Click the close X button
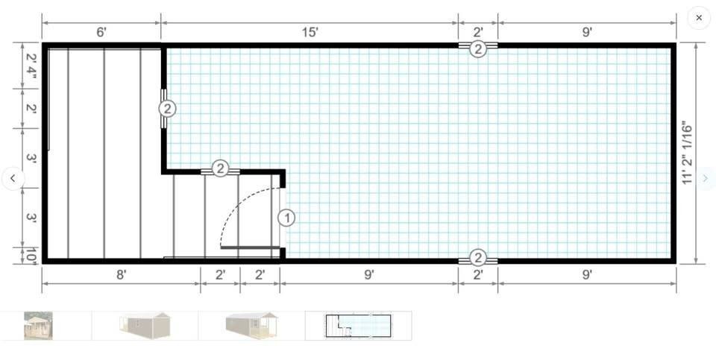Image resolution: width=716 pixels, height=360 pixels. pyautogui.click(x=699, y=18)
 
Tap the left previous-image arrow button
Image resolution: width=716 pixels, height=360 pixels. pyautogui.click(x=13, y=178)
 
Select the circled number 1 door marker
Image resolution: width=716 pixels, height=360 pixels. pyautogui.click(x=286, y=218)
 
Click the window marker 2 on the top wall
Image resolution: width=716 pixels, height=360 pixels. pyautogui.click(x=477, y=49)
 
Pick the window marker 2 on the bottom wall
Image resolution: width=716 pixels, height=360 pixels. pyautogui.click(x=477, y=258)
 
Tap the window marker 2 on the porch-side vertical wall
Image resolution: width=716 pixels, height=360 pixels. pyautogui.click(x=167, y=109)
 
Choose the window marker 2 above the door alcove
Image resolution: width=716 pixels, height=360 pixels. pyautogui.click(x=220, y=168)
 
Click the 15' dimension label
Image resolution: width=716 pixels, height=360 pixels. pyautogui.click(x=310, y=32)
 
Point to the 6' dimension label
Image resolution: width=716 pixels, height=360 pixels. pyautogui.click(x=101, y=32)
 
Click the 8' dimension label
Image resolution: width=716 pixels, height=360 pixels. pyautogui.click(x=121, y=275)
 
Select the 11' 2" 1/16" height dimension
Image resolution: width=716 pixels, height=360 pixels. pyautogui.click(x=687, y=152)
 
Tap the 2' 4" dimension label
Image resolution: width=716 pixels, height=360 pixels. pyautogui.click(x=31, y=66)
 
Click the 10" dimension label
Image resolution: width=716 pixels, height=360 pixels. pyautogui.click(x=31, y=256)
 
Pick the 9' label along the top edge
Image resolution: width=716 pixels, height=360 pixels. pyautogui.click(x=587, y=32)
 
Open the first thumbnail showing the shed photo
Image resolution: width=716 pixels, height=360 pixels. pyautogui.click(x=38, y=326)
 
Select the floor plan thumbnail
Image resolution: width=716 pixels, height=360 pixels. pyautogui.click(x=359, y=326)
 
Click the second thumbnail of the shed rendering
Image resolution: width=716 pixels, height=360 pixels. pyautogui.click(x=145, y=326)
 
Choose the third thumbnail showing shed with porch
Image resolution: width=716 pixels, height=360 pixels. pyautogui.click(x=251, y=326)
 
